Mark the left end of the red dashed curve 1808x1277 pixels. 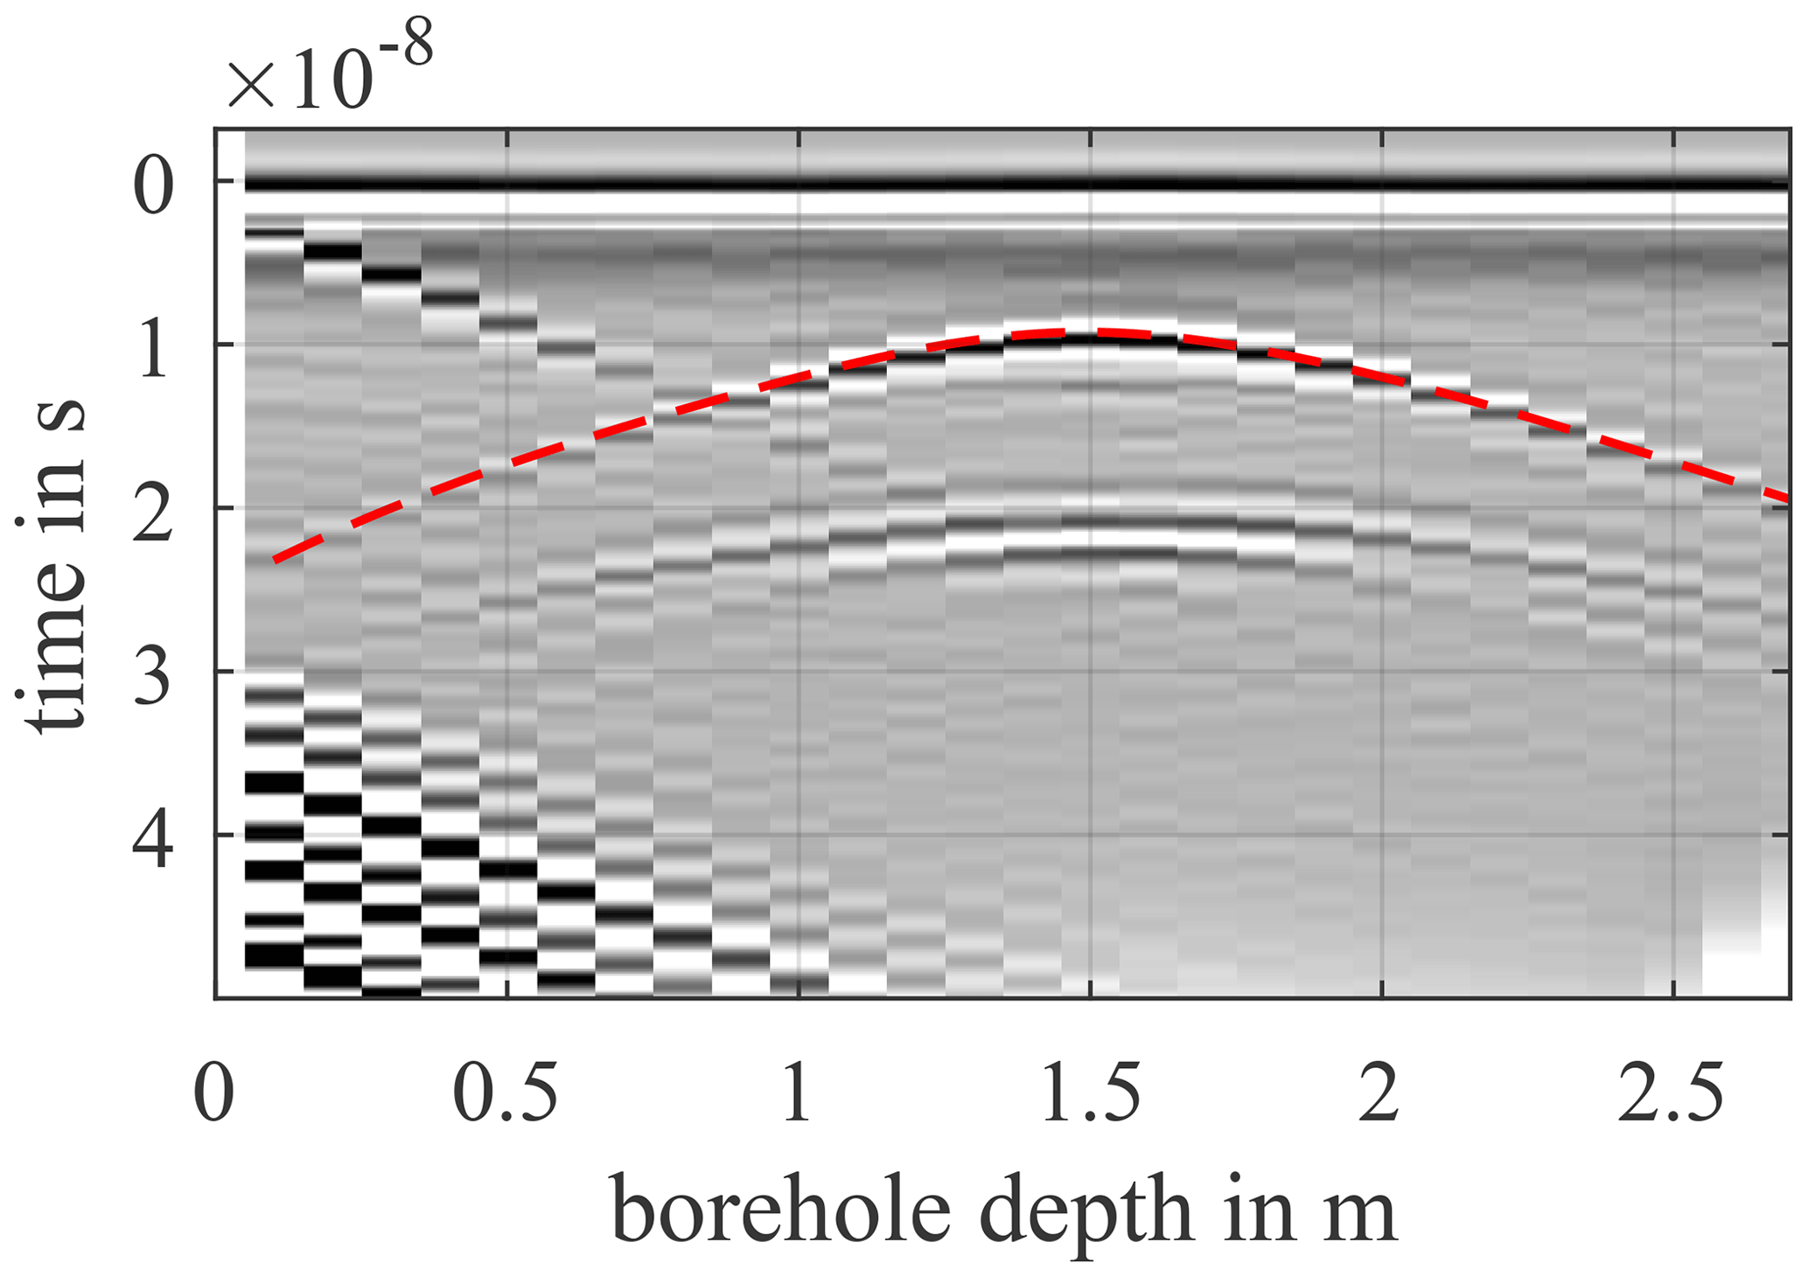(x=275, y=560)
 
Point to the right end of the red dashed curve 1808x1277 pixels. (x=1787, y=498)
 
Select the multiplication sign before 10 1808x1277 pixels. (x=252, y=86)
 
